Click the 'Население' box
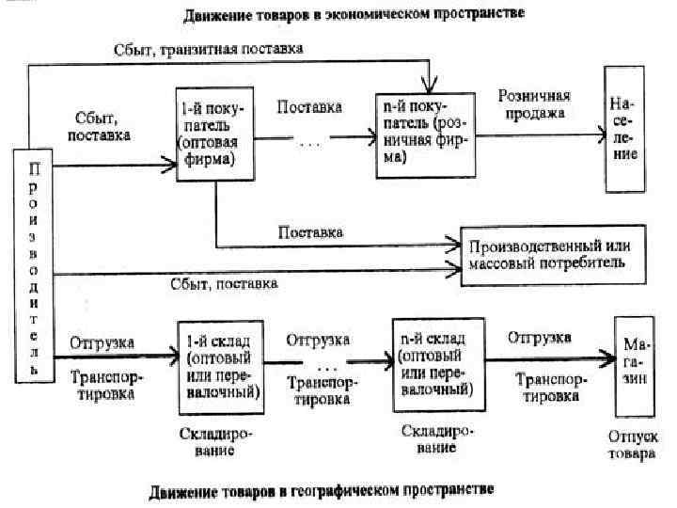(x=622, y=129)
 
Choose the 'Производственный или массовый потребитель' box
(x=552, y=254)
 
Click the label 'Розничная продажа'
(x=533, y=105)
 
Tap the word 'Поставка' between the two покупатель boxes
(x=309, y=107)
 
